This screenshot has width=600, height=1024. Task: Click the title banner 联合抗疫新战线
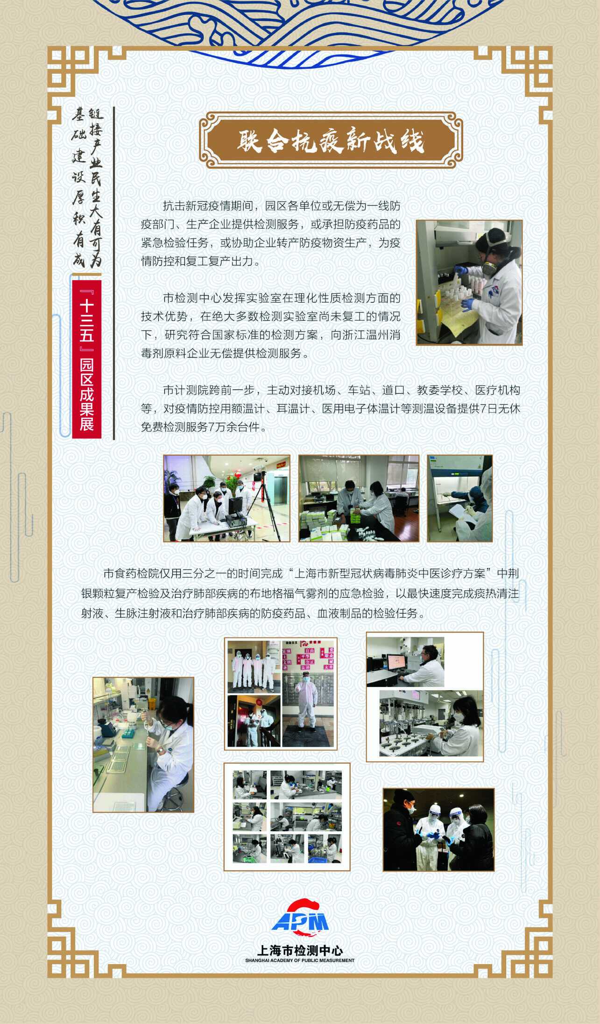[331, 140]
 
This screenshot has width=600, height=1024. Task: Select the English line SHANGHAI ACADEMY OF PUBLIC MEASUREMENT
[300, 960]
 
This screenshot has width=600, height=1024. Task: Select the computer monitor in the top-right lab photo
[396, 662]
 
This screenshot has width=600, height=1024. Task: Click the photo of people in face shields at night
[438, 830]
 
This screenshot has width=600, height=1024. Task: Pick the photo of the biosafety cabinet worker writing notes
[460, 498]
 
